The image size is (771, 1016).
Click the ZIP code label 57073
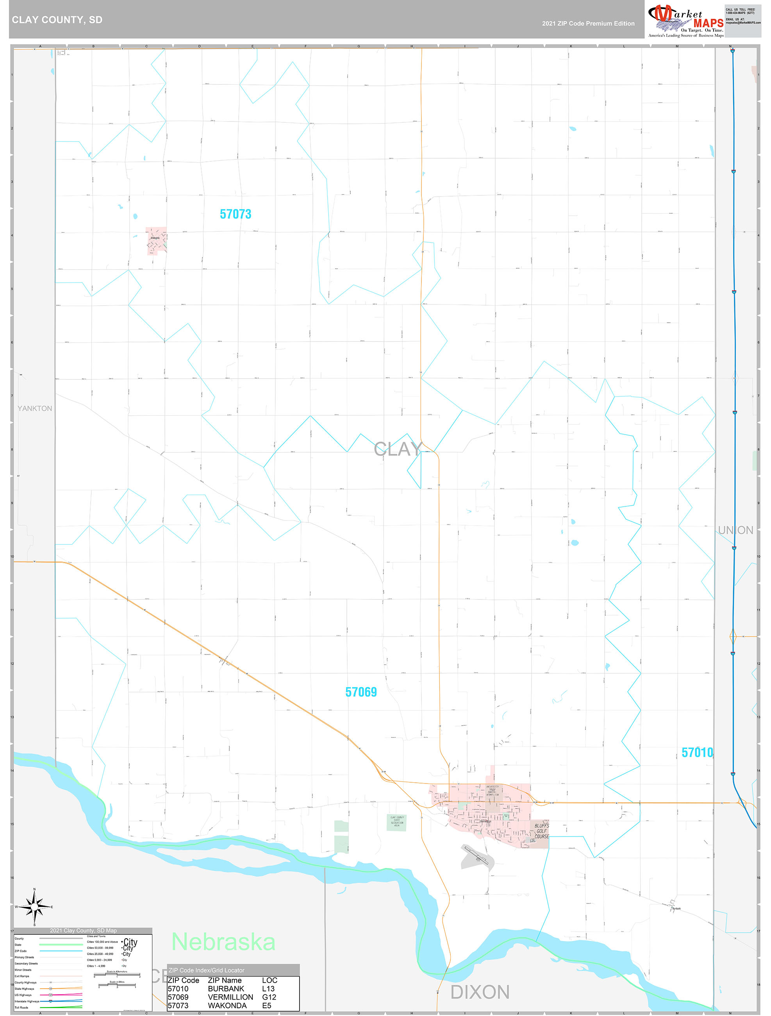(235, 214)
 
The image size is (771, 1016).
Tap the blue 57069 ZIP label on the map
(361, 692)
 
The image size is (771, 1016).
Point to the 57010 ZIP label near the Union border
(697, 752)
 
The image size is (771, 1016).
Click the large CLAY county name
(398, 449)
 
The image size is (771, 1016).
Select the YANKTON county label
(35, 408)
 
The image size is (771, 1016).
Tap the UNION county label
(735, 530)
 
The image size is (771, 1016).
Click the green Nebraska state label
(223, 942)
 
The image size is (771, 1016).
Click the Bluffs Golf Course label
(541, 830)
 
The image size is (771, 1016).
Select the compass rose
(34, 907)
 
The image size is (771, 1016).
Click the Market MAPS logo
(685, 20)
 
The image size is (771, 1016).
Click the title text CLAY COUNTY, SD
(57, 20)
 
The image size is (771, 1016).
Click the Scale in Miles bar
(117, 984)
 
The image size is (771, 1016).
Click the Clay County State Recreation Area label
(397, 822)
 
